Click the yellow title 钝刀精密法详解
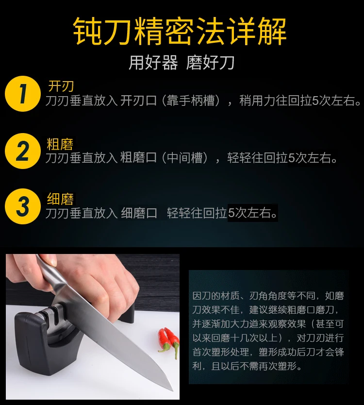pyautogui.click(x=180, y=32)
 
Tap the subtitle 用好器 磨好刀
pyautogui.click(x=182, y=63)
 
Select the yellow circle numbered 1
pyautogui.click(x=23, y=94)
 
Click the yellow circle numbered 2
pyautogui.click(x=23, y=151)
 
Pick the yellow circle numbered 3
pyautogui.click(x=23, y=206)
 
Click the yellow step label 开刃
pyautogui.click(x=61, y=86)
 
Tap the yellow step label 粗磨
pyautogui.click(x=60, y=144)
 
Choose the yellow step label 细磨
pyautogui.click(x=60, y=199)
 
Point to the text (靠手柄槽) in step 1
pyautogui.click(x=191, y=101)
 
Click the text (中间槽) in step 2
pyautogui.click(x=185, y=157)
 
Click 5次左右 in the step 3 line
pyautogui.click(x=252, y=213)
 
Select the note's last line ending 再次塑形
pyautogui.click(x=247, y=366)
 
